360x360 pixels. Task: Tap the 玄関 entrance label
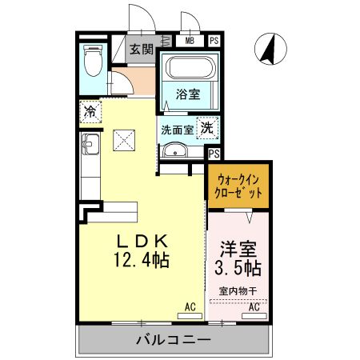[x=142, y=49]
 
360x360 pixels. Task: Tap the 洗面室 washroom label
[x=177, y=129]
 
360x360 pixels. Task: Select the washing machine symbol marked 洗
[x=206, y=126]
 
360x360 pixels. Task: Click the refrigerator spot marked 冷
[x=91, y=112]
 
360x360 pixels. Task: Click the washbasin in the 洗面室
[x=174, y=152]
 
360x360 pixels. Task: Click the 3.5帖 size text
[x=238, y=267]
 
